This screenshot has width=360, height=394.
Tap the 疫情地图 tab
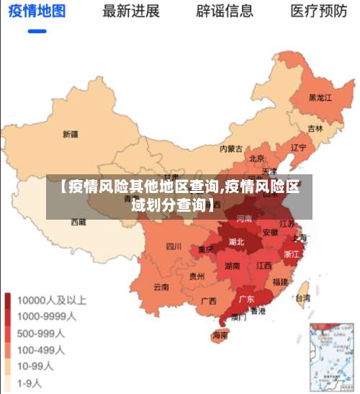37,12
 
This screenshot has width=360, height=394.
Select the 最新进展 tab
131,12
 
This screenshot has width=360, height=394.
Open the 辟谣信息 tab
225,12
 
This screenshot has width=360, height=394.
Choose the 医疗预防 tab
319,12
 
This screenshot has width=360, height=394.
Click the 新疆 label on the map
71,134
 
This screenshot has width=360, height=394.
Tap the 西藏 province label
78,223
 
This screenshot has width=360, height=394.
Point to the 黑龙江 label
320,97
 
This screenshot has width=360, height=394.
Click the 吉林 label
315,128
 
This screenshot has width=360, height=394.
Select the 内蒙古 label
230,149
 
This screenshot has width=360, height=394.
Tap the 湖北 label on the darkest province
236,242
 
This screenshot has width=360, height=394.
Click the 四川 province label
174,246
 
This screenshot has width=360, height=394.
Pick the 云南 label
161,287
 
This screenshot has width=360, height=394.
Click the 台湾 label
303,297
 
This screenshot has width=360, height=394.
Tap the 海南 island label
220,336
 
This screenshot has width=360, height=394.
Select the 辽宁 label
298,148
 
